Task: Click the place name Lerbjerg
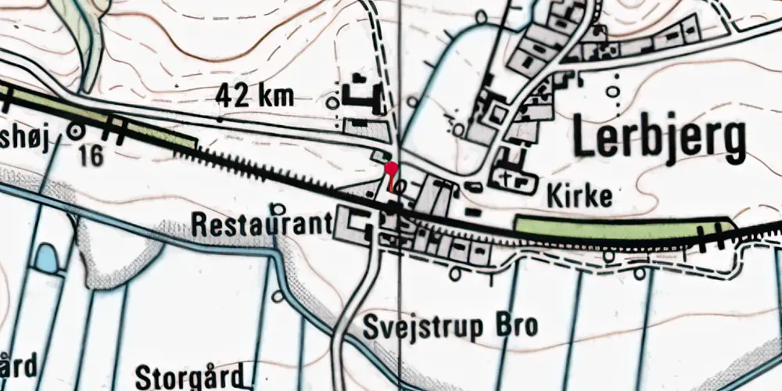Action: click(659, 139)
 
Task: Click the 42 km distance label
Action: click(254, 97)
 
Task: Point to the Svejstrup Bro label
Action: click(450, 326)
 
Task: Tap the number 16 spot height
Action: click(91, 156)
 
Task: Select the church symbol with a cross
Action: click(512, 181)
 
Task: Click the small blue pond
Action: click(48, 257)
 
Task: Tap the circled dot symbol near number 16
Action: click(77, 131)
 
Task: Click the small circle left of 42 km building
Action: click(334, 102)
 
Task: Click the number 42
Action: click(234, 97)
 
